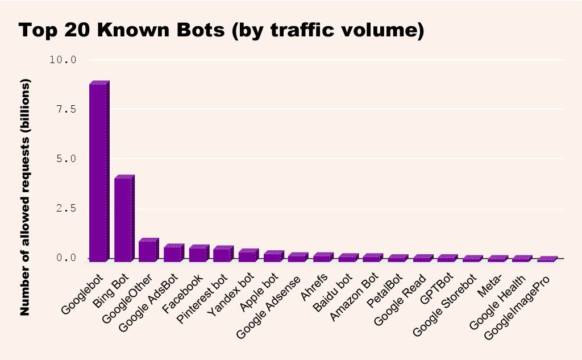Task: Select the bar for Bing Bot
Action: point(122,220)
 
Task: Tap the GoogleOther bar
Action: point(147,251)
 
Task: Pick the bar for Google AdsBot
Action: point(172,254)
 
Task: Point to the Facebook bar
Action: point(197,254)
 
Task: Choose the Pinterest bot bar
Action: point(222,255)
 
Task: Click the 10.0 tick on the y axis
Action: point(64,60)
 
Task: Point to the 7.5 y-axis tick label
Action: point(66,109)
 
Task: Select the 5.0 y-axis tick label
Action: point(66,159)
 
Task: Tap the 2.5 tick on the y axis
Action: point(66,209)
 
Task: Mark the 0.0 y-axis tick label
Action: point(66,258)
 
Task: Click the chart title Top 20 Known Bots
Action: point(222,31)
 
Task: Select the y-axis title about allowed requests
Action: point(25,197)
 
